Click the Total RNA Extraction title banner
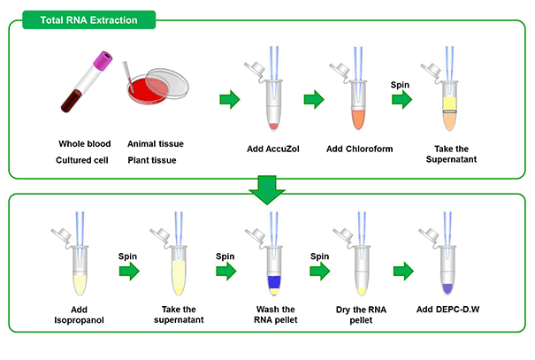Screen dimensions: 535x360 click(89, 19)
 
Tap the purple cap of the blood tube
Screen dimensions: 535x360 click(103, 61)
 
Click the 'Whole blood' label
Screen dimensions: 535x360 click(85, 143)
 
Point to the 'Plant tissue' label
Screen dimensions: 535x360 click(152, 160)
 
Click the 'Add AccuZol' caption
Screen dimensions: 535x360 click(273, 149)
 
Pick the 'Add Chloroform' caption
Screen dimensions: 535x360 click(360, 149)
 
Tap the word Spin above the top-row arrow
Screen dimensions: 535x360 click(400, 85)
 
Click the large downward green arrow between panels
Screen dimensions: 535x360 click(267, 189)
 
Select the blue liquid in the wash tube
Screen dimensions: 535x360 click(274, 282)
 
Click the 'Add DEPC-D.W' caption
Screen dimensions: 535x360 click(448, 310)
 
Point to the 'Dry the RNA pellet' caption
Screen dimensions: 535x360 click(361, 315)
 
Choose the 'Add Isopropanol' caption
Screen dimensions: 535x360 click(80, 315)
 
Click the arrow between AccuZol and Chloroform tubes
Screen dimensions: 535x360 click(314, 99)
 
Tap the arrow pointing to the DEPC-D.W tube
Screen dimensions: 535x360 click(403, 272)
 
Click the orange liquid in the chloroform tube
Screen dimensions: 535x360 click(358, 119)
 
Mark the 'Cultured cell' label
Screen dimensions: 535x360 click(82, 160)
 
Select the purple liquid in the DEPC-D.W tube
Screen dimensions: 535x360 click(447, 288)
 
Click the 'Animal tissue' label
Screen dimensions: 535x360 click(156, 143)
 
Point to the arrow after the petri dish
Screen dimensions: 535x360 click(230, 99)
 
